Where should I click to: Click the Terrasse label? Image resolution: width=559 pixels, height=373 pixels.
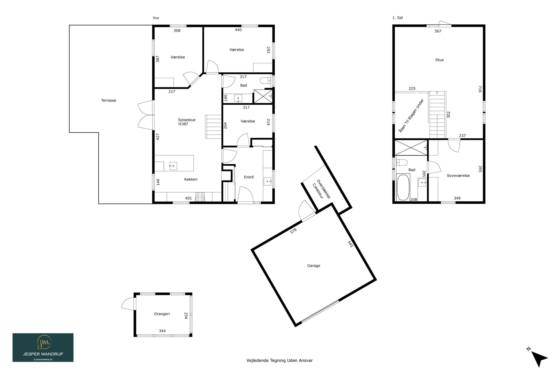(108, 100)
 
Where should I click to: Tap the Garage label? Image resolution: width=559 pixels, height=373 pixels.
(314, 266)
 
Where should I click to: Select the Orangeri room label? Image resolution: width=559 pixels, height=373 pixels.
(162, 314)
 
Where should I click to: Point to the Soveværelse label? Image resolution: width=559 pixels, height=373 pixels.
(458, 176)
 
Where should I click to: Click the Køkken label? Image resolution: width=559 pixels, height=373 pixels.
(191, 179)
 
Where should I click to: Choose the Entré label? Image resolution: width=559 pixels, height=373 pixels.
(249, 177)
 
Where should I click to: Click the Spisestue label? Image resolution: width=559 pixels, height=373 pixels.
(187, 120)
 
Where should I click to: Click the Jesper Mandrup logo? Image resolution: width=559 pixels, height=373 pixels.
(43, 348)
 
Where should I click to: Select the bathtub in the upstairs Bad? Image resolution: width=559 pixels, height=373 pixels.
(403, 187)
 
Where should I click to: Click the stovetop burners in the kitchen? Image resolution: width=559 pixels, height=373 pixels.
(200, 197)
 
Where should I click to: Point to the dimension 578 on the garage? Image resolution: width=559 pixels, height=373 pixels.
(293, 231)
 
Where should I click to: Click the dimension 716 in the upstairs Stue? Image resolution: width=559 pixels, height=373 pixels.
(480, 89)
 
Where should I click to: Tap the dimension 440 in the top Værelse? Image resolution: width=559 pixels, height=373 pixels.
(238, 30)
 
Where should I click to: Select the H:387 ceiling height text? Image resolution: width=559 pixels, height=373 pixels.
(183, 124)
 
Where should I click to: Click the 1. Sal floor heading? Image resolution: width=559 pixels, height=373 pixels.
(397, 18)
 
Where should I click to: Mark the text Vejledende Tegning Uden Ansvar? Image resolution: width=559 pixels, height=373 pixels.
(279, 360)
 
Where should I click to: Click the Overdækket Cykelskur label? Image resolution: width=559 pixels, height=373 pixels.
(321, 189)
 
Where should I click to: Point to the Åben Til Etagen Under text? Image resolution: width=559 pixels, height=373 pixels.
(411, 116)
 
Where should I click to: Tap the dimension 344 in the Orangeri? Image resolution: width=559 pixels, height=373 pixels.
(162, 331)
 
